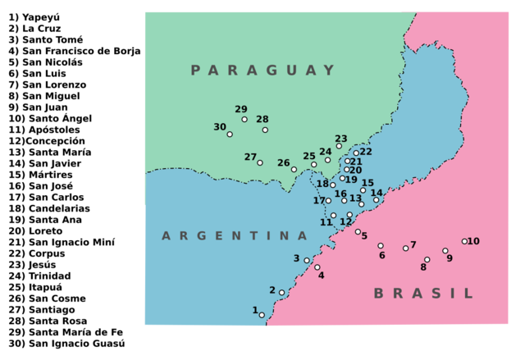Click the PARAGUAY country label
click(x=263, y=71)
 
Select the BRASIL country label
click(x=423, y=294)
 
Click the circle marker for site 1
click(x=262, y=315)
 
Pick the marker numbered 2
click(x=281, y=293)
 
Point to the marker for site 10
click(x=464, y=241)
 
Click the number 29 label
click(x=240, y=109)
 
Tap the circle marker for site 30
click(x=230, y=134)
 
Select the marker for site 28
click(x=265, y=130)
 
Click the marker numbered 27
click(x=260, y=162)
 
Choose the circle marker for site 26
click(x=294, y=170)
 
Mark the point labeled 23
click(x=339, y=146)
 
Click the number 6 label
click(x=381, y=256)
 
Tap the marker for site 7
click(x=405, y=248)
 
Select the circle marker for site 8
click(x=427, y=259)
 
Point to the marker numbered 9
click(x=445, y=251)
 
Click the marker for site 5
click(x=358, y=231)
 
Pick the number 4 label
click(x=321, y=276)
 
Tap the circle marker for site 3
click(x=307, y=261)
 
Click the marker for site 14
click(x=377, y=199)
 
